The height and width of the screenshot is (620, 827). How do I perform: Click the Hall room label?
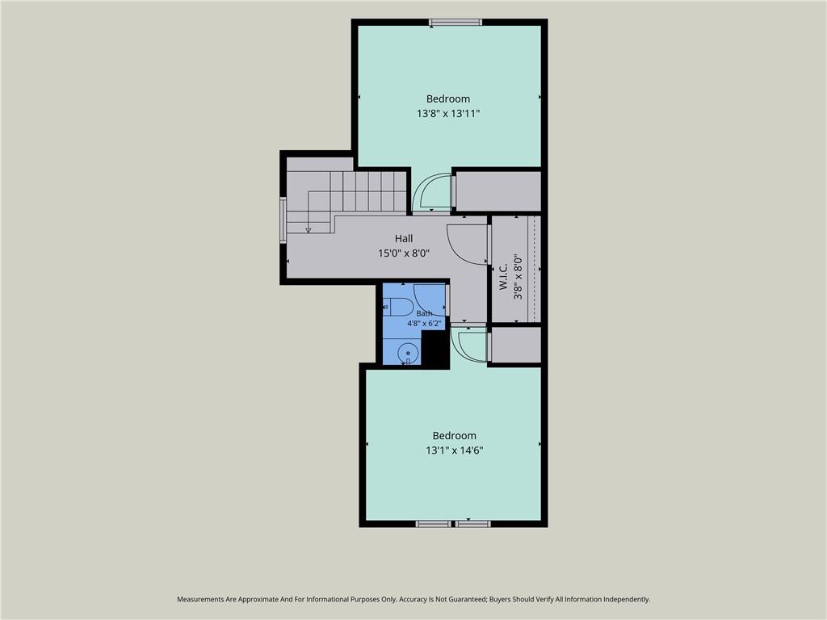click(x=404, y=238)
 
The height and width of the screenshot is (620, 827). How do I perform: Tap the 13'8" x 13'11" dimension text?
click(x=448, y=113)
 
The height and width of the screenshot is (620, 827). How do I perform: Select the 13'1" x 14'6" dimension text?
click(x=455, y=450)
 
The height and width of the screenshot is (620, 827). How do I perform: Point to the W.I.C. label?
click(x=503, y=276)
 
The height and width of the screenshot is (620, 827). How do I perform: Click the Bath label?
click(x=424, y=313)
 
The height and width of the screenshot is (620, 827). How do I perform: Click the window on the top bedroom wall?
click(x=455, y=22)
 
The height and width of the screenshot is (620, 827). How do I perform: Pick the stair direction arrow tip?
click(x=308, y=232)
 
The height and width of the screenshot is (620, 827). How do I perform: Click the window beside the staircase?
click(x=283, y=220)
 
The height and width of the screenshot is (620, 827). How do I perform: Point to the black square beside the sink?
click(x=434, y=349)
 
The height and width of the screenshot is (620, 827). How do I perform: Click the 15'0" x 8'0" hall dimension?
click(x=404, y=253)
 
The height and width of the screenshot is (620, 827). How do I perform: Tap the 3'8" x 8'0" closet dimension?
click(x=518, y=277)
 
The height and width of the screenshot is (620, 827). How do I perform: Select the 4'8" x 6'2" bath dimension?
click(x=424, y=323)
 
